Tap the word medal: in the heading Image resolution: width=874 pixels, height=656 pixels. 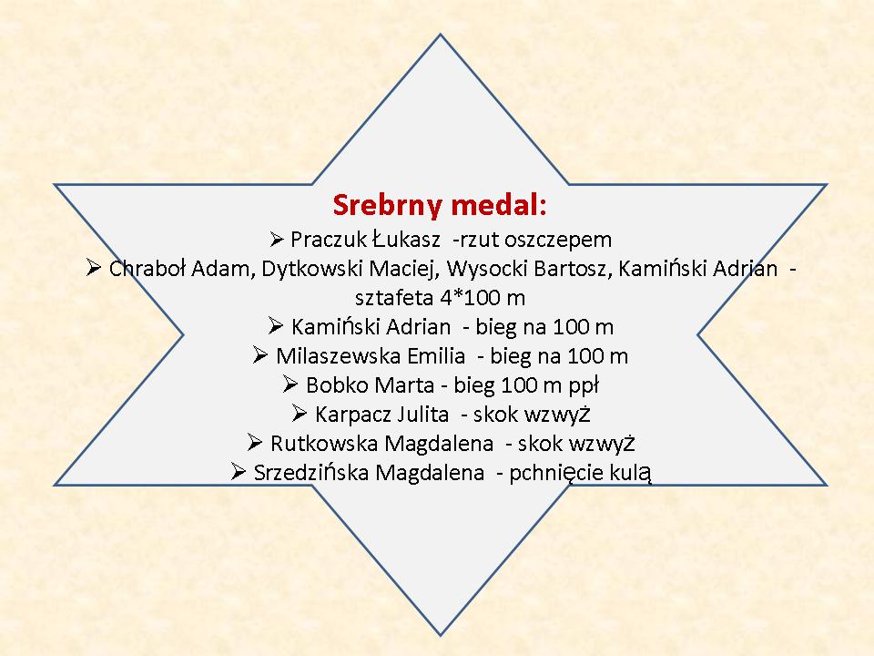499,205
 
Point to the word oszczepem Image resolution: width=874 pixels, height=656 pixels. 558,241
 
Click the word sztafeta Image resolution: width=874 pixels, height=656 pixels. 394,298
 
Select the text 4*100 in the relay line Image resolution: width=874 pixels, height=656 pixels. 470,298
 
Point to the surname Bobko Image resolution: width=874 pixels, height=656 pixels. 333,384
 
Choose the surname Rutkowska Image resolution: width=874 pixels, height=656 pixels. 324,444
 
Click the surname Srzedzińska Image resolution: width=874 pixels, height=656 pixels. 310,473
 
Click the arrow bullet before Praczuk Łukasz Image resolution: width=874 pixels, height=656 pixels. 277,240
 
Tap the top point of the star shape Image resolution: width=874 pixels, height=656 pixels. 441,35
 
